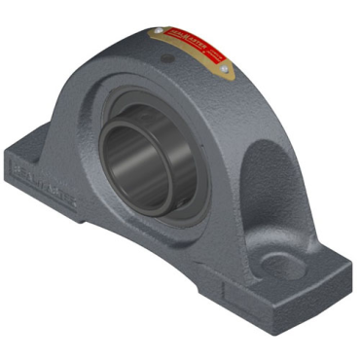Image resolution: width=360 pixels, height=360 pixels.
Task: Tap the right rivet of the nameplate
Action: (224, 69)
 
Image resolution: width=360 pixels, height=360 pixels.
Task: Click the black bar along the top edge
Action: (180, 8)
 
